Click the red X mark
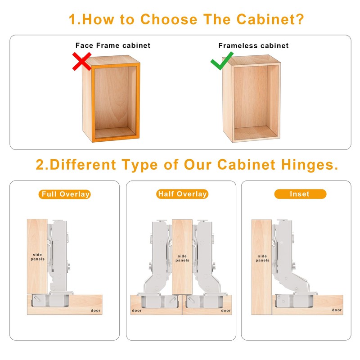82,61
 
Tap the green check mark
222,61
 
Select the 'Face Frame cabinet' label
112,45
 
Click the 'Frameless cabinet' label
253,45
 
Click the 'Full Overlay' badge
65,194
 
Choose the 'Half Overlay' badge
182,194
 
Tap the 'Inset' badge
300,194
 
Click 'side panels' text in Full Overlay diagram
37,257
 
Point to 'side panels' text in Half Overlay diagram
182,258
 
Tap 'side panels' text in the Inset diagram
262,258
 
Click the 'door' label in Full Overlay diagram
95,310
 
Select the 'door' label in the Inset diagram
337,310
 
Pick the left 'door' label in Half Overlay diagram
136,310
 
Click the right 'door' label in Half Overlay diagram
226,310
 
